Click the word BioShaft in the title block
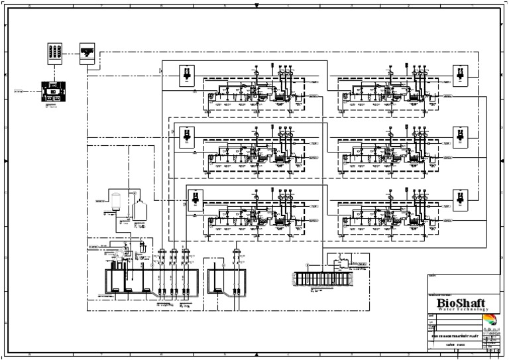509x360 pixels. [461, 302]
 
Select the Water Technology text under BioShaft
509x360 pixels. [461, 310]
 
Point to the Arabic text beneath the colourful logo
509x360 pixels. [493, 329]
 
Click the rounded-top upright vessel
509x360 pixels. [117, 201]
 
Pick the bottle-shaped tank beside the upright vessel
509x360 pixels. [140, 210]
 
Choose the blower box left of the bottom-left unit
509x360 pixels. [194, 199]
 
